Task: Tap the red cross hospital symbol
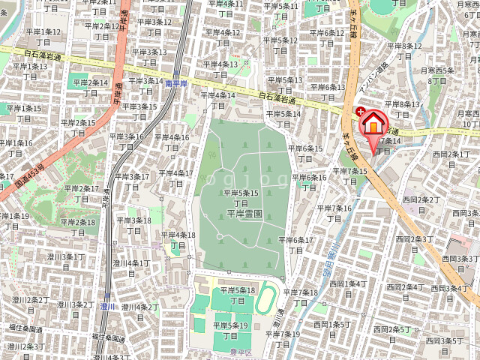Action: [360, 112]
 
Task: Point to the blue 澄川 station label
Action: [108, 306]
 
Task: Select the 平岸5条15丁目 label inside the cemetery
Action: [241, 198]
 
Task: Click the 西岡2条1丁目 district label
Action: [449, 158]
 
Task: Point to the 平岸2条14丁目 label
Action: [89, 88]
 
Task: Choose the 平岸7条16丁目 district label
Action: [334, 212]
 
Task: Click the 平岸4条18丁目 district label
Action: [178, 240]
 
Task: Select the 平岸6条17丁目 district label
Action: [296, 244]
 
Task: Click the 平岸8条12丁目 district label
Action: [402, 50]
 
